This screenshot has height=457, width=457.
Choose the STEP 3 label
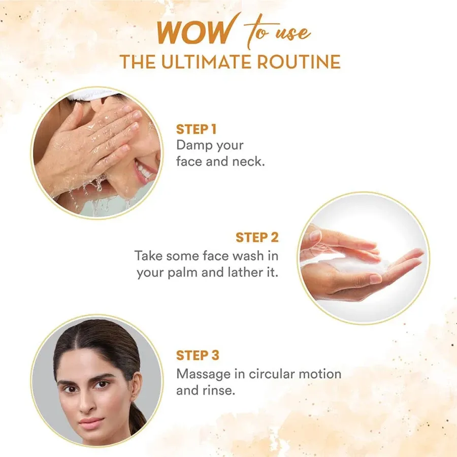[x=198, y=355]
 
